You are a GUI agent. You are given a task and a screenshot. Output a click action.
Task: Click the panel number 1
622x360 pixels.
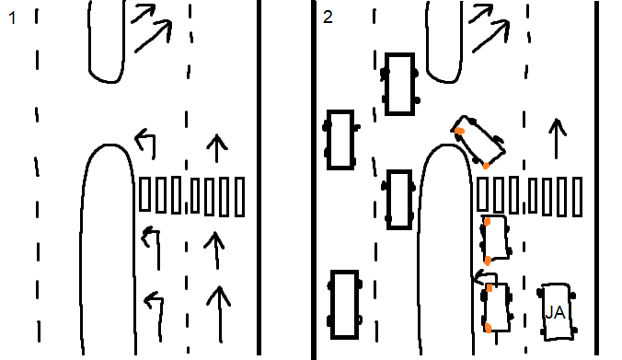point(12,18)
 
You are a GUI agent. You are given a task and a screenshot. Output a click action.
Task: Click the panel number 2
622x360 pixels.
point(328,17)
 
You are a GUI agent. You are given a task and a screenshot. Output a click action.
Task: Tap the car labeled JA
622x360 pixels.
point(557,312)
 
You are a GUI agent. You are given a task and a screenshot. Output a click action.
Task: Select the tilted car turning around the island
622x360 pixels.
point(478,141)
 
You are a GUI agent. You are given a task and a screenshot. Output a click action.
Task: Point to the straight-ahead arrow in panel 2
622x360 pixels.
point(557,138)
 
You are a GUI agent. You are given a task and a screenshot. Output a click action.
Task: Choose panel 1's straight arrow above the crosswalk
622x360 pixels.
point(216,148)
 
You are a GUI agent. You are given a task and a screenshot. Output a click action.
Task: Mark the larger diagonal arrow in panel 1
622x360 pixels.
point(153,37)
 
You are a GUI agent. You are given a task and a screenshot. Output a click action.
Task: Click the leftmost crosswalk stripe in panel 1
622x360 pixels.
point(144,194)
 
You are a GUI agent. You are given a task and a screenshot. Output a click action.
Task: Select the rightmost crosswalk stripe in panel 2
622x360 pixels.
point(577,197)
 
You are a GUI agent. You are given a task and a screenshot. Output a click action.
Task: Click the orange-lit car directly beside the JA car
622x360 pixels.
point(496,308)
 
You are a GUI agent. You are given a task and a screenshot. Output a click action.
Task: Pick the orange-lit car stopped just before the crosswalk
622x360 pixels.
point(495,239)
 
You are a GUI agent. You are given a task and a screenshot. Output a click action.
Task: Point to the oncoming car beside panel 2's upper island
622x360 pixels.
point(400,84)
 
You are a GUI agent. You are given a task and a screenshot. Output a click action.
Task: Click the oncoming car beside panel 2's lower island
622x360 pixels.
point(399,200)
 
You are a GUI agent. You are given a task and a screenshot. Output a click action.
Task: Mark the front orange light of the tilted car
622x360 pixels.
point(459,131)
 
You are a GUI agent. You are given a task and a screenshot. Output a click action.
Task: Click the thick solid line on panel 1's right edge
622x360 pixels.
point(259,178)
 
